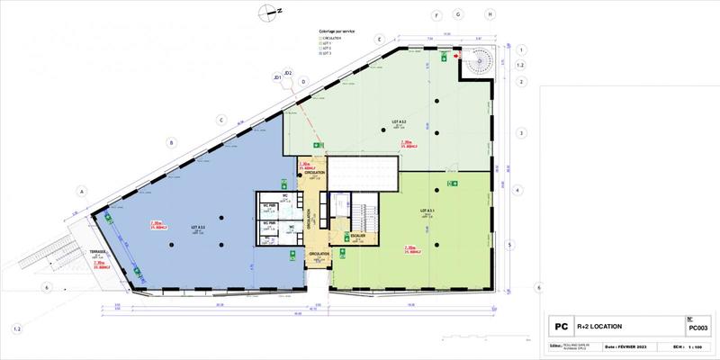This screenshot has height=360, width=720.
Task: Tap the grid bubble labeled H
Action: [490, 15]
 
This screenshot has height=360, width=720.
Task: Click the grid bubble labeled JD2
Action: [288, 73]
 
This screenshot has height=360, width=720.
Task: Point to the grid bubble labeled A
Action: [81, 191]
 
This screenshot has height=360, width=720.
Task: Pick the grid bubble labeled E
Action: [381, 40]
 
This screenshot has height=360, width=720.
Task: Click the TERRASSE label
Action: [98, 252]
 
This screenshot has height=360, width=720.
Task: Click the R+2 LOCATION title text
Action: [601, 326]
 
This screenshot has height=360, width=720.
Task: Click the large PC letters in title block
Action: [559, 327]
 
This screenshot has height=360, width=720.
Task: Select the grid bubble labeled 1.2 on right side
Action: [520, 66]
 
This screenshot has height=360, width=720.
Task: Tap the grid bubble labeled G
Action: [457, 15]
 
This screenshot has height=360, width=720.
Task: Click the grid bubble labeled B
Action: [170, 141]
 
